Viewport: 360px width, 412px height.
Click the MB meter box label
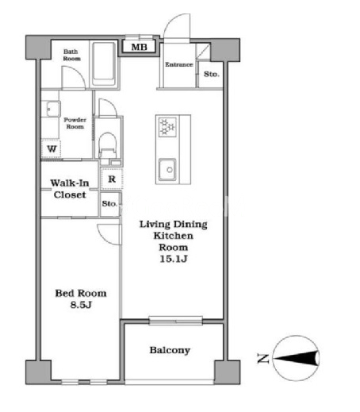(x=139, y=47)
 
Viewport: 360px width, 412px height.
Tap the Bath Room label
(x=71, y=55)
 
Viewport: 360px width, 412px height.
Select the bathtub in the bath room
(x=104, y=64)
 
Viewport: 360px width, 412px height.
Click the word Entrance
(x=179, y=64)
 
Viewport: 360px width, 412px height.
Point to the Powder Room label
(x=75, y=123)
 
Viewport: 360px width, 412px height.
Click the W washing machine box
(x=52, y=148)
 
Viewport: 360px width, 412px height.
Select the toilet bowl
(x=107, y=145)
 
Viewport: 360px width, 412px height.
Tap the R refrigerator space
(x=112, y=179)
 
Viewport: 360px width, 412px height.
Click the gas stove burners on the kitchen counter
(x=167, y=127)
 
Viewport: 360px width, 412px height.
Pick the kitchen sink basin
(x=167, y=170)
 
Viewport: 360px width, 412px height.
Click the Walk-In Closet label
(x=70, y=189)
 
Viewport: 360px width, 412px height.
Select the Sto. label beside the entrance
(x=212, y=74)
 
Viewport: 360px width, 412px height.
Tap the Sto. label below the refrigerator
(x=109, y=203)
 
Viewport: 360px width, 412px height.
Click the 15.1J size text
(x=174, y=259)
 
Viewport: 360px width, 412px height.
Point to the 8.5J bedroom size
(x=81, y=305)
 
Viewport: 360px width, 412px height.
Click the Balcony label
(x=170, y=350)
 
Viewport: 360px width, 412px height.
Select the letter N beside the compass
(x=263, y=359)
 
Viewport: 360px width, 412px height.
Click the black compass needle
(x=296, y=359)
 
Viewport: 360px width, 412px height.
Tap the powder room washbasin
(x=54, y=109)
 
